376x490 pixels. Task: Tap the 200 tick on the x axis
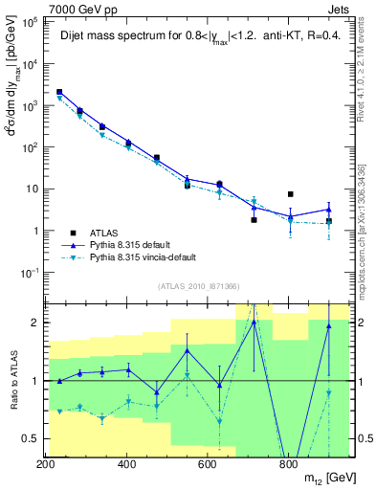pyautogui.click(x=45, y=465)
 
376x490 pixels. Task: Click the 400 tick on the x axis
pyautogui.click(x=126, y=465)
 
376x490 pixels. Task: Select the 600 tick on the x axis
pyautogui.click(x=208, y=465)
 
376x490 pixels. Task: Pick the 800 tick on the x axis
pyautogui.click(x=288, y=465)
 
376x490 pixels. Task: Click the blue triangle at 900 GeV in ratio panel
pyautogui.click(x=328, y=326)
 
